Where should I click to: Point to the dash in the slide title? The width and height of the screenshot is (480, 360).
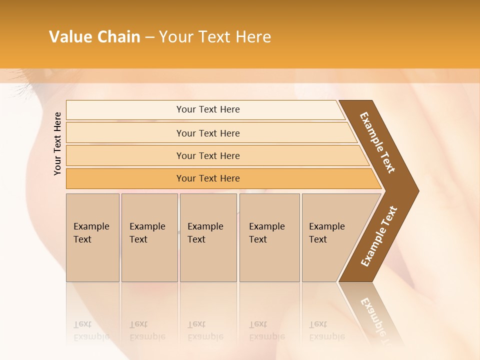(149, 37)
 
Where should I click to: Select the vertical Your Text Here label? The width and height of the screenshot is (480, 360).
(57, 143)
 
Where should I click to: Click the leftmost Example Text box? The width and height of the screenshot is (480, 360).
(92, 237)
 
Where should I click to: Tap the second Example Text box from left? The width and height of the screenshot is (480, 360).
(149, 237)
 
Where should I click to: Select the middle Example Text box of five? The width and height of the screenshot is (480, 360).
(208, 237)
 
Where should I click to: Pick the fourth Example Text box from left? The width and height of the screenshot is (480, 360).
(269, 237)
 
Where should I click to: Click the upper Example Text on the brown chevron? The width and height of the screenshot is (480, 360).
(377, 142)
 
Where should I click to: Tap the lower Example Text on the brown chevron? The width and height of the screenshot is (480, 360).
(378, 236)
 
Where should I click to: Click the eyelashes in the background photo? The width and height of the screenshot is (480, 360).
(22, 90)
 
